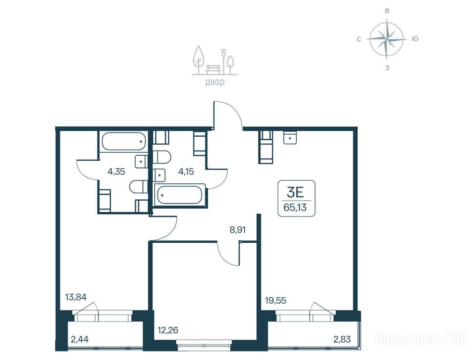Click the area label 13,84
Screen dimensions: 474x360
point(76,298)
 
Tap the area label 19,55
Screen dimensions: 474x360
point(276,301)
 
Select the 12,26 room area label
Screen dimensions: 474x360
point(168,330)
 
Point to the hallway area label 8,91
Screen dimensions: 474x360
point(238,230)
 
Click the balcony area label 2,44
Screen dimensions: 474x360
point(80,339)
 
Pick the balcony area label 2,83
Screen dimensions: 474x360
point(342,339)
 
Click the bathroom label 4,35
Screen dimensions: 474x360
point(116,172)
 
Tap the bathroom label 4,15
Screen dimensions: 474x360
point(186,172)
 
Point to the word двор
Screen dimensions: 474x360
point(215,82)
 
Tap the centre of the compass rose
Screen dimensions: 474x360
point(387,39)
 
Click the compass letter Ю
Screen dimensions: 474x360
point(415,39)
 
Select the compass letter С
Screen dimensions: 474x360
point(359,39)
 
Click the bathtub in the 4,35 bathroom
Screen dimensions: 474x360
point(124,141)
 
